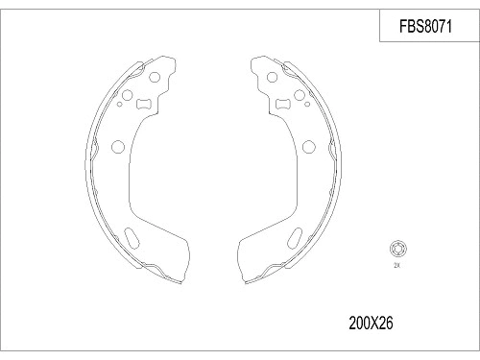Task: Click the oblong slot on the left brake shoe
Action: pyautogui.click(x=133, y=237)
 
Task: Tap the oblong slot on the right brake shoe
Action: pyautogui.click(x=297, y=237)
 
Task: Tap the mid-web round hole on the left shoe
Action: pyautogui.click(x=118, y=147)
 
